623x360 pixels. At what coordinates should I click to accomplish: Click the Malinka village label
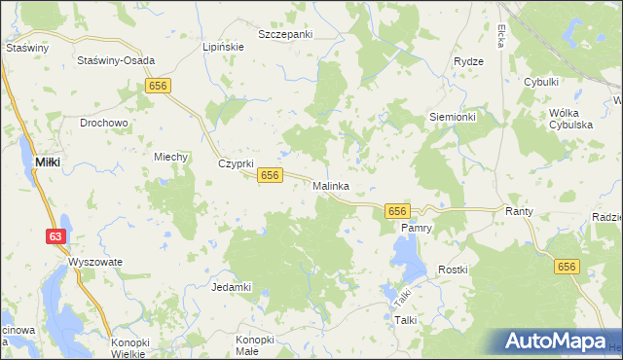(x=331, y=185)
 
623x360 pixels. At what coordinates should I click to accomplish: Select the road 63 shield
(x=56, y=236)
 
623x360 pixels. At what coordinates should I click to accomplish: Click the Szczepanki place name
(x=285, y=34)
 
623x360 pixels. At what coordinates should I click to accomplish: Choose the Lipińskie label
(x=221, y=46)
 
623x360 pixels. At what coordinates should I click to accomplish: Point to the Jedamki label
(x=232, y=287)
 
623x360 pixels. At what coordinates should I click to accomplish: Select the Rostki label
(x=454, y=270)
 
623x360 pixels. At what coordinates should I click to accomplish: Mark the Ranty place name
(x=517, y=210)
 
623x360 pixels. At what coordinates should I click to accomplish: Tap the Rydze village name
(x=468, y=61)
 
